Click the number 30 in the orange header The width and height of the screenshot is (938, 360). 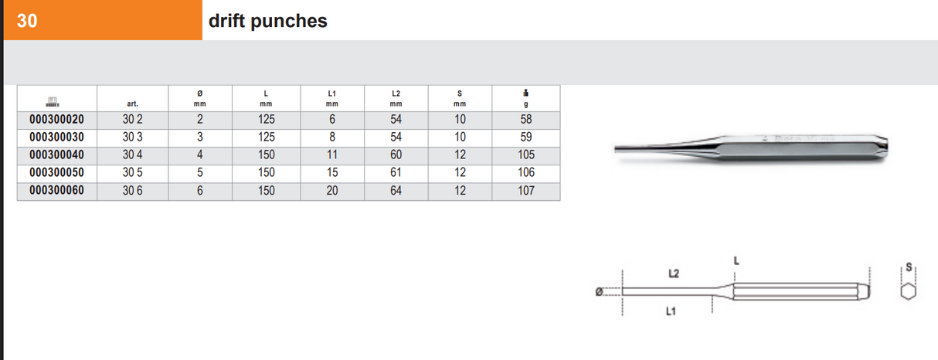pos(26,21)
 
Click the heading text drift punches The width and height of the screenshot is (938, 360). pos(267,21)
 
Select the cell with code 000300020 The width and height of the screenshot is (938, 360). pos(56,120)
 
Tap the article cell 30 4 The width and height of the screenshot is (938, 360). pos(132,155)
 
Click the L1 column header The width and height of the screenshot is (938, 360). pos(332,98)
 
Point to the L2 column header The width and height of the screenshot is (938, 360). pos(396,98)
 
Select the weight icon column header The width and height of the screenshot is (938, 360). pos(525,98)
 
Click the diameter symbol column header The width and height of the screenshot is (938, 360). pos(199,98)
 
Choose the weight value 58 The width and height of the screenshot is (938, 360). pos(525,120)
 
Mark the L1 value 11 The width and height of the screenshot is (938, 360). pos(332,155)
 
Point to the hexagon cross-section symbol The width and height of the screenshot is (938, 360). pos(909,291)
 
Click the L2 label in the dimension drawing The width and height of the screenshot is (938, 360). pos(673,273)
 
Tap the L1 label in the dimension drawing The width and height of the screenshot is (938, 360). pos(671,311)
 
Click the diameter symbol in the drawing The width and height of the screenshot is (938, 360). pos(598,292)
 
